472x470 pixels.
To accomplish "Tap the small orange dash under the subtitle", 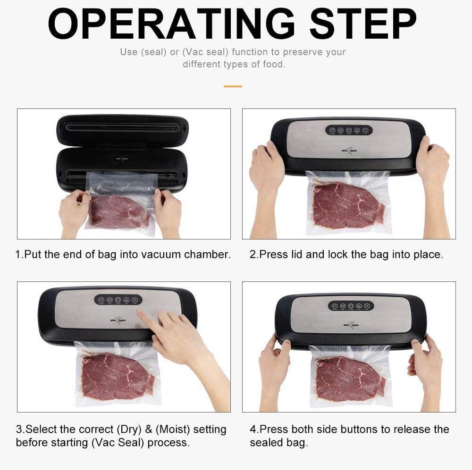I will coord(233,86).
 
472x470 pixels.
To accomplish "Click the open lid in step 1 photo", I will coord(122,128).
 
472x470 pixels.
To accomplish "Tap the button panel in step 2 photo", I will coord(348,130).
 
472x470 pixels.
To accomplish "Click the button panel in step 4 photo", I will coord(351,305).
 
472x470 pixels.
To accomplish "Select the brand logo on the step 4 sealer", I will coord(351,325).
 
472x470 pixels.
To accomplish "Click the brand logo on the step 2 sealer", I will coord(348,151).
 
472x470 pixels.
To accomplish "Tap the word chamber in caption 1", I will coord(207,255).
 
